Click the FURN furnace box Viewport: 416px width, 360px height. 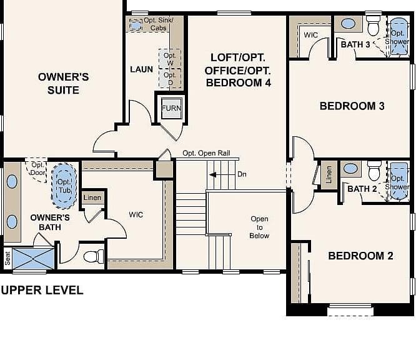coord(172,108)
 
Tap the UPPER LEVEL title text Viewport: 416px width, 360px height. coord(42,290)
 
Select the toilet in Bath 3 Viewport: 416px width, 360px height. coord(374,26)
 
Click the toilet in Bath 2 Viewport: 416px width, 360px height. coord(374,171)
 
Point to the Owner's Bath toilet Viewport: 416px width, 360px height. coord(94,256)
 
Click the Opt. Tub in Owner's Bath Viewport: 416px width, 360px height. coord(64,186)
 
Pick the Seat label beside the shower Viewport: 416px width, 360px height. coord(7,258)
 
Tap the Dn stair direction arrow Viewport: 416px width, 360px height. coord(213,175)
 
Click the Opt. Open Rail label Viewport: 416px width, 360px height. coord(206,153)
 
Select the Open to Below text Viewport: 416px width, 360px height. coord(259,227)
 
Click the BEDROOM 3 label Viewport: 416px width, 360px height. coord(352,106)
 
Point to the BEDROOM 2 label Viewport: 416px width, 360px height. coord(360,256)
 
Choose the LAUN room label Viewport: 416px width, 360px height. coord(141,69)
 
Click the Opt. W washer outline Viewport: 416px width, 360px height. coord(170,59)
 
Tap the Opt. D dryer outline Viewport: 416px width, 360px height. coord(170,78)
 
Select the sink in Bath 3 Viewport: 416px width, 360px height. coord(348,24)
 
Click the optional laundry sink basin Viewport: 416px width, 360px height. coord(136,25)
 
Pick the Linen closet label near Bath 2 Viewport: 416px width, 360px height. coord(329,175)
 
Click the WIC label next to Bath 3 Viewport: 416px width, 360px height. coord(310,35)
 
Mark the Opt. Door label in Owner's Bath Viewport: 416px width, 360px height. coord(37,169)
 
